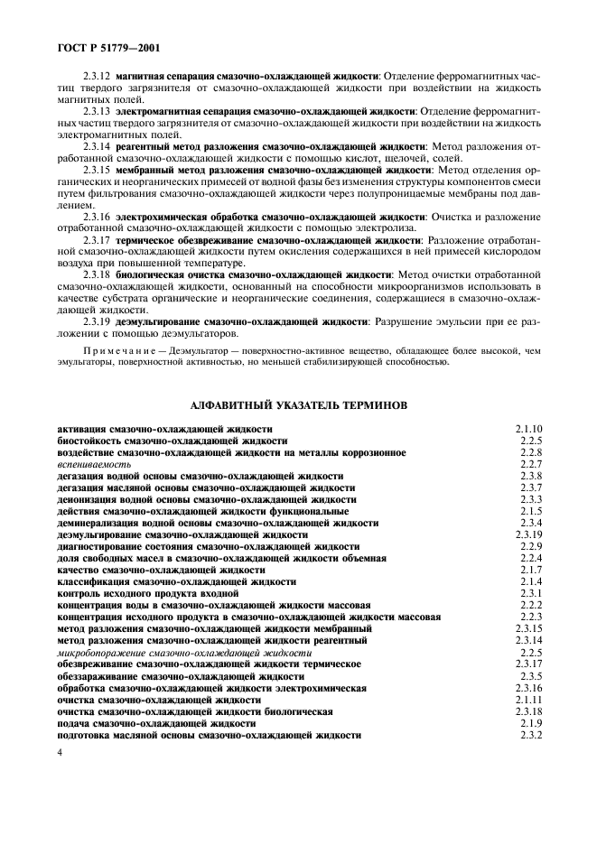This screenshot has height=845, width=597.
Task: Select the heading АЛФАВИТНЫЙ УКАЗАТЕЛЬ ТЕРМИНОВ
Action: (x=298, y=405)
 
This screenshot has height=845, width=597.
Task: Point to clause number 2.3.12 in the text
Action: (x=97, y=78)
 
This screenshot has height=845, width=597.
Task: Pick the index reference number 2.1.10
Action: (x=527, y=429)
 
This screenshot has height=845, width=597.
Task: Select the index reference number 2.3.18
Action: (x=527, y=711)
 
